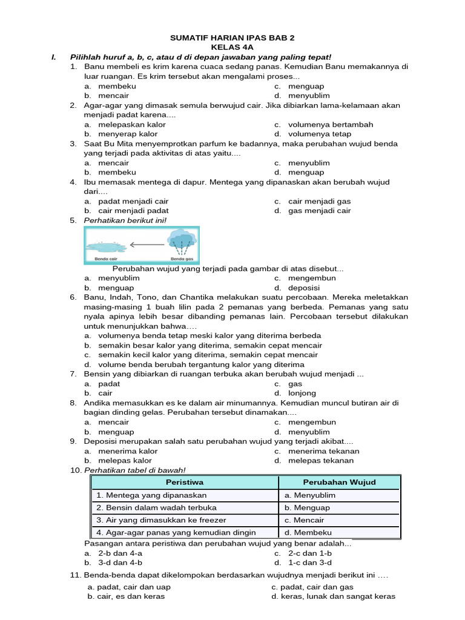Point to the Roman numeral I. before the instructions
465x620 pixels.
[x=54, y=56]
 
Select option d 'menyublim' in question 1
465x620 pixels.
[x=309, y=96]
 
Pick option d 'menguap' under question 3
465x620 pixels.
[x=306, y=173]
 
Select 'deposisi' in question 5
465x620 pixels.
[x=304, y=288]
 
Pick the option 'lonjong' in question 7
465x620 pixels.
[x=302, y=393]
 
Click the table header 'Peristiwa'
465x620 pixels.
[x=185, y=483]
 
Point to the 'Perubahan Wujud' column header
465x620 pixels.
[x=339, y=483]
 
